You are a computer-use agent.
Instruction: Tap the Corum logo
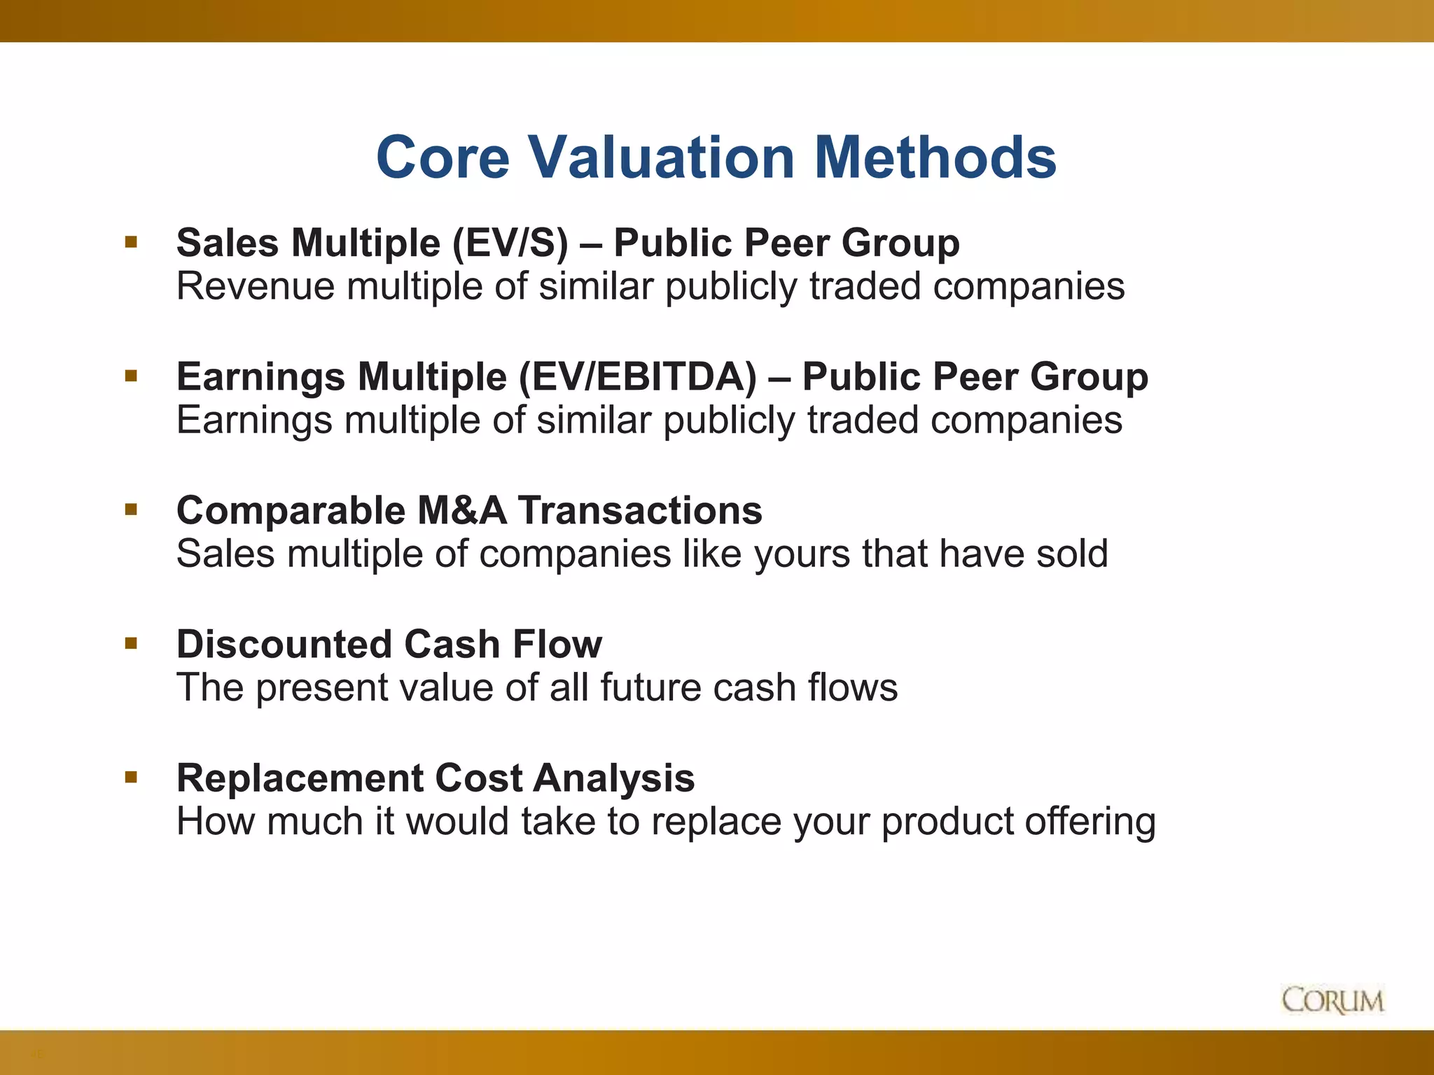(1332, 1000)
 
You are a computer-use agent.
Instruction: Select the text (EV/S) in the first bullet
(510, 244)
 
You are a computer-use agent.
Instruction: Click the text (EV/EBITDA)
(638, 377)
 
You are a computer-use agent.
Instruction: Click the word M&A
(462, 510)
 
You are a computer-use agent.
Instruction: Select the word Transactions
(640, 510)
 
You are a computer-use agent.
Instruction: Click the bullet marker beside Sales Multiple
(131, 243)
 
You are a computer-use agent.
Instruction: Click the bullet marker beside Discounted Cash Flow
(131, 643)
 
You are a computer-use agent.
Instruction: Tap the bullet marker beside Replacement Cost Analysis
(131, 777)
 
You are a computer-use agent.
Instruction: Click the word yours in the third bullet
(802, 554)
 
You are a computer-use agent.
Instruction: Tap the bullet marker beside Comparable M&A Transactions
(131, 510)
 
